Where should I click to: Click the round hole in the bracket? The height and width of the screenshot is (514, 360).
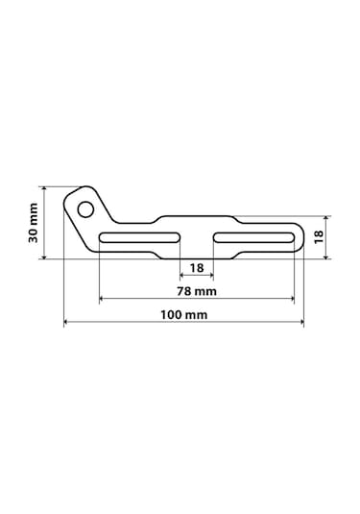[85, 209]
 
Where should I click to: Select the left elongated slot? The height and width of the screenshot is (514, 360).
[140, 237]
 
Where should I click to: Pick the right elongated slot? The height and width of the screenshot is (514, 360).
[253, 237]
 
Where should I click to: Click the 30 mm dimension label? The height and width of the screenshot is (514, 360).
[33, 223]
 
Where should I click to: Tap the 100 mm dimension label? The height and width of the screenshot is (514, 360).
[183, 315]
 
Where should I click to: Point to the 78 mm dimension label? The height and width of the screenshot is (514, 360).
[197, 291]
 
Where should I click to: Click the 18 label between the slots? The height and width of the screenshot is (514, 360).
[197, 268]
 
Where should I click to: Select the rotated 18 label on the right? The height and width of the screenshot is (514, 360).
[319, 236]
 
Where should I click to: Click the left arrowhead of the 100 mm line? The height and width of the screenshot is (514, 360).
[65, 322]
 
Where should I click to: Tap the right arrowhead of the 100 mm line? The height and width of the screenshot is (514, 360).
[301, 322]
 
